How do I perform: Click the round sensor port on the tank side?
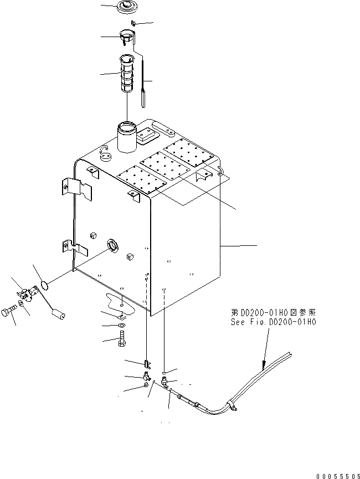coord(113,245)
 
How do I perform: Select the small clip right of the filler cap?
coord(134,23)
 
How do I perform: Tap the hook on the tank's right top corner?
coord(220,171)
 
